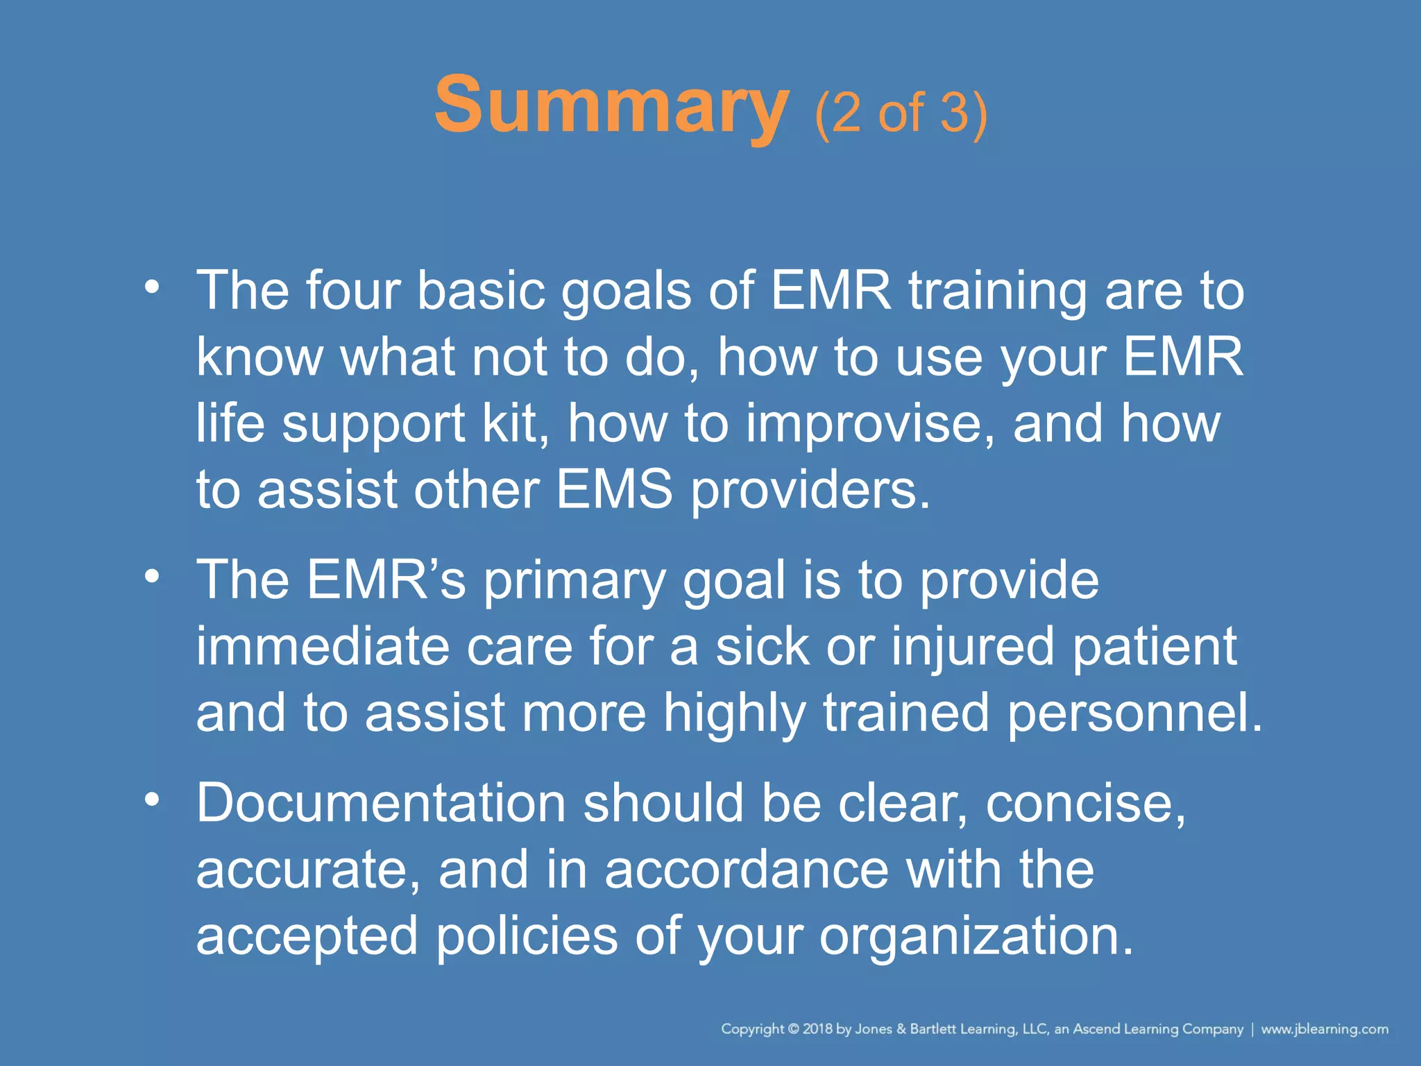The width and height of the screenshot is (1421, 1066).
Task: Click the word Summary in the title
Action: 611,105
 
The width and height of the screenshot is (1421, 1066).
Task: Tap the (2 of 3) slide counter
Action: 901,112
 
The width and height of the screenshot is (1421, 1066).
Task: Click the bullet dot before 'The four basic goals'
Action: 152,287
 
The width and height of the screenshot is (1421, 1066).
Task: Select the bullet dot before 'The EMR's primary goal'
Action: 152,576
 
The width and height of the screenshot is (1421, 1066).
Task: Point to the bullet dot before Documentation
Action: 152,799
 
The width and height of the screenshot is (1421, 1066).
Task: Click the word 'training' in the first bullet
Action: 998,291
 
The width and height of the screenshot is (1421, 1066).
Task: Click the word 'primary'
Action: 574,582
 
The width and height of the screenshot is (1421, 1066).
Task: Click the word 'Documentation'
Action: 381,803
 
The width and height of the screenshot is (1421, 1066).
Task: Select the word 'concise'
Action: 1084,804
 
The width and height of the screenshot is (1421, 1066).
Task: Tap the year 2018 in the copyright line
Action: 818,1029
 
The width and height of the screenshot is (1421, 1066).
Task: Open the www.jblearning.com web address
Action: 1325,1029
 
